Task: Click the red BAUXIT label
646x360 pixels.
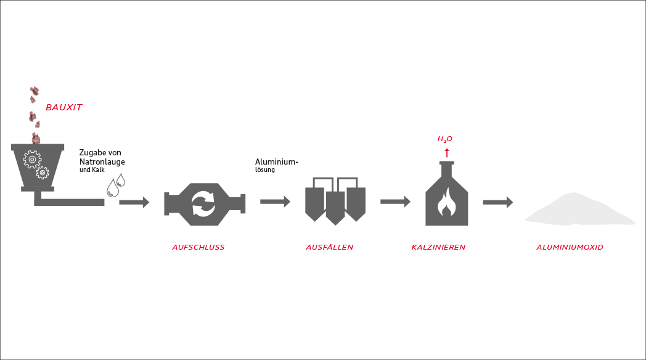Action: pyautogui.click(x=64, y=107)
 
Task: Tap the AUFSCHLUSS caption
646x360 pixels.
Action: pyautogui.click(x=198, y=247)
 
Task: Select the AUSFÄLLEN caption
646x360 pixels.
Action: pyautogui.click(x=330, y=247)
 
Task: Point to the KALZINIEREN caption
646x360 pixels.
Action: pyautogui.click(x=438, y=247)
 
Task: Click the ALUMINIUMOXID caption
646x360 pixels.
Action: pyautogui.click(x=570, y=247)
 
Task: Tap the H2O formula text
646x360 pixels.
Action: pyautogui.click(x=444, y=139)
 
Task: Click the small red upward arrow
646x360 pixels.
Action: pyautogui.click(x=447, y=153)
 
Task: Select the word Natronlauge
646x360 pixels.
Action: pyautogui.click(x=102, y=162)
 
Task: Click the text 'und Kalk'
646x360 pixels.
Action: pyautogui.click(x=92, y=170)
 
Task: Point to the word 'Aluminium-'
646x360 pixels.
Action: pyautogui.click(x=276, y=162)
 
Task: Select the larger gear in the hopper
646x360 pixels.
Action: pyautogui.click(x=32, y=160)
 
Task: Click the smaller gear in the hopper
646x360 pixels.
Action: pyautogui.click(x=43, y=173)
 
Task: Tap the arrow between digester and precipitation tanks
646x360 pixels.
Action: pyautogui.click(x=275, y=202)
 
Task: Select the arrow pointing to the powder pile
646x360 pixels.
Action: pyautogui.click(x=498, y=202)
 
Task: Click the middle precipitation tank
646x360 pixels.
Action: pyautogui.click(x=335, y=208)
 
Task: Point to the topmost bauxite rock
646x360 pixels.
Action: pyautogui.click(x=34, y=90)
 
